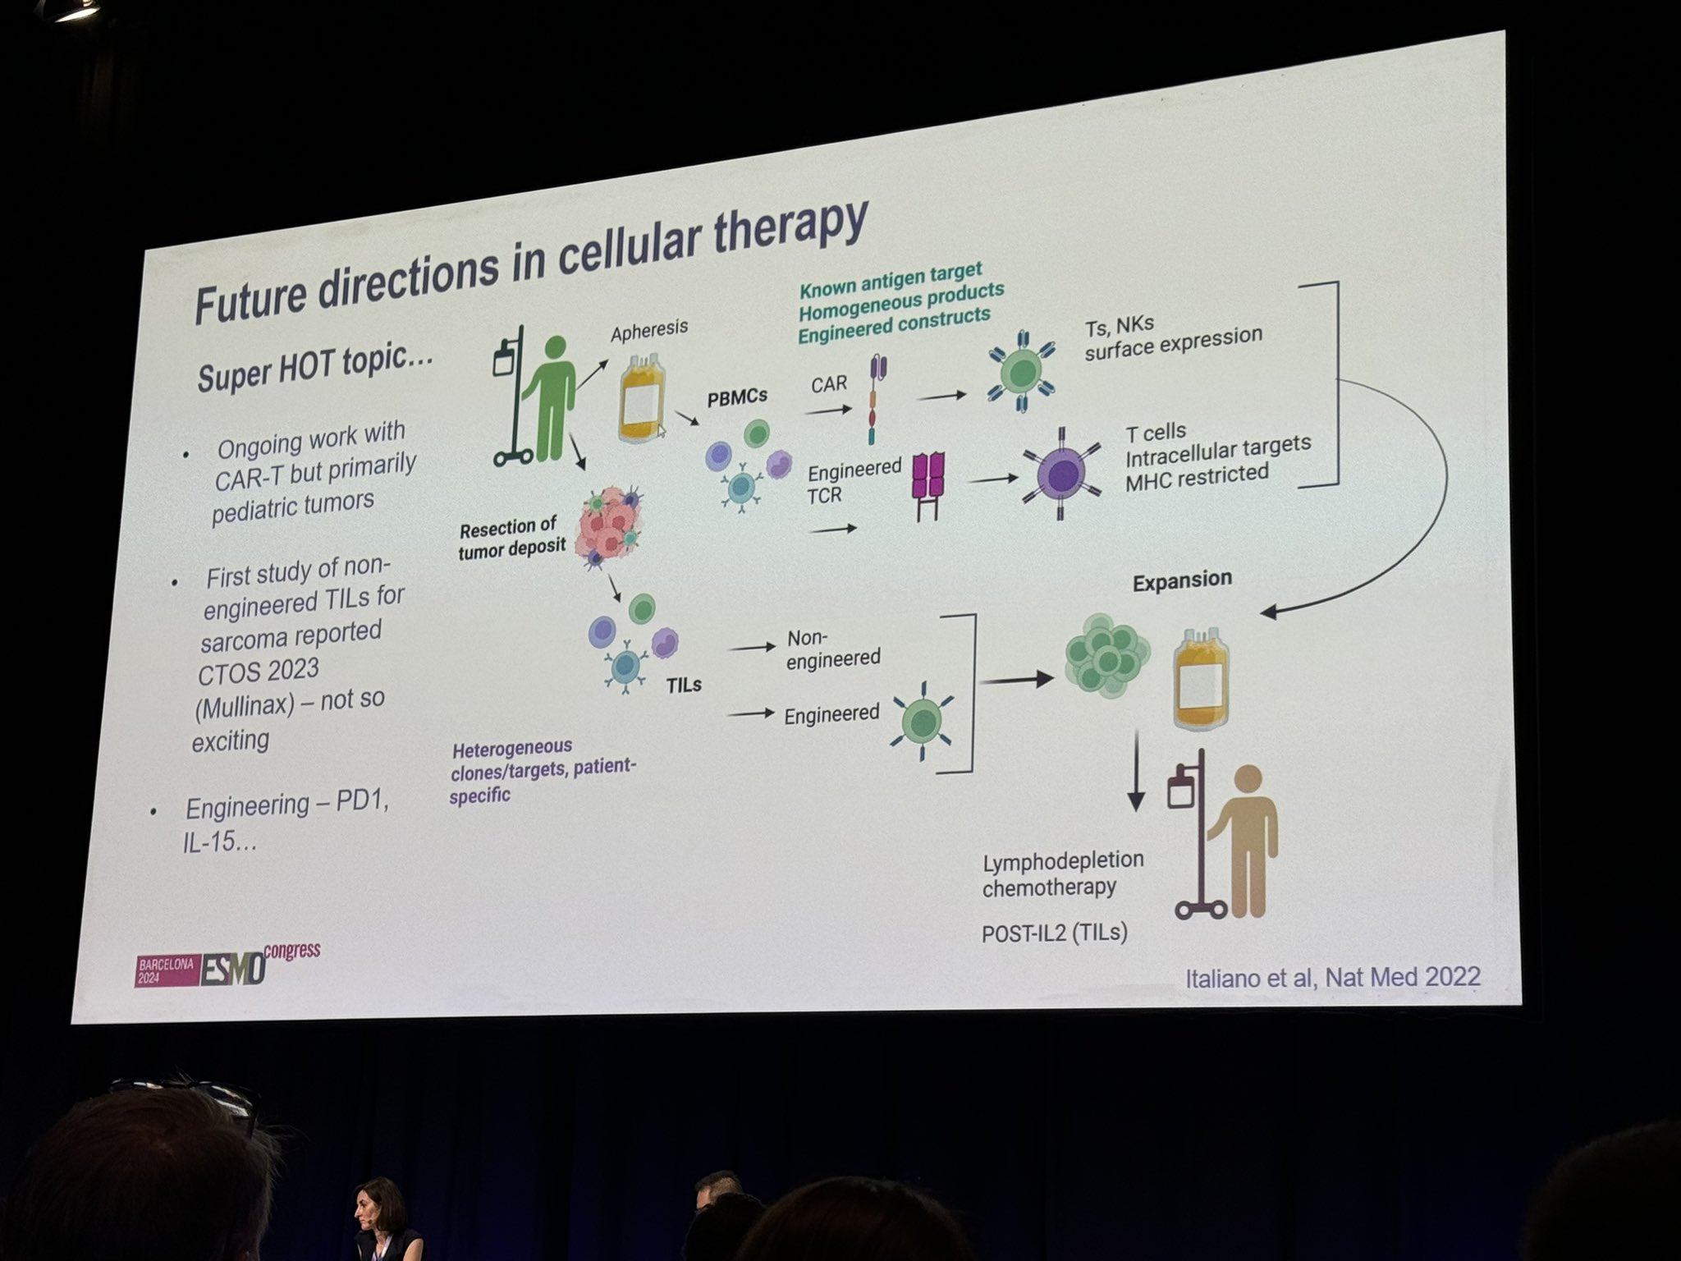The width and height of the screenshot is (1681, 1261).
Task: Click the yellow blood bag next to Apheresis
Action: pyautogui.click(x=641, y=397)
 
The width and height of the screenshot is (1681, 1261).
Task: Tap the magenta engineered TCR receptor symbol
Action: pyautogui.click(x=928, y=486)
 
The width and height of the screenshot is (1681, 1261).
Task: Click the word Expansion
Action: pyautogui.click(x=1182, y=580)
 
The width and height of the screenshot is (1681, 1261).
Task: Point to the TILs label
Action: pyautogui.click(x=684, y=685)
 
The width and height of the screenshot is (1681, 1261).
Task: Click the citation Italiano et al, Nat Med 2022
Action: pyautogui.click(x=1333, y=977)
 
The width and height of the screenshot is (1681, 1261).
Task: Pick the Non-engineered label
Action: pyautogui.click(x=832, y=649)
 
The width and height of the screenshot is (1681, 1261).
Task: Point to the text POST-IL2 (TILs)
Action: pyautogui.click(x=1054, y=933)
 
